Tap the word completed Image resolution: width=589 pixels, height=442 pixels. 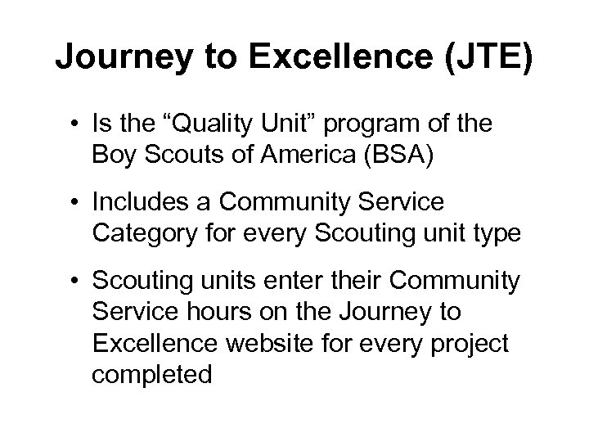point(152,375)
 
